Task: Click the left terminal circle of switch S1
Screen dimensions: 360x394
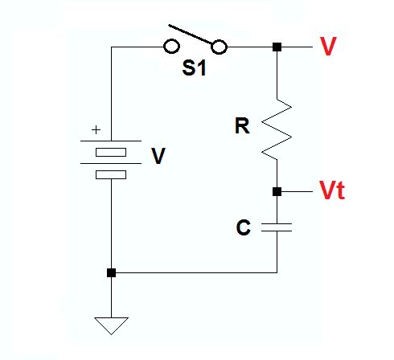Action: pos(170,47)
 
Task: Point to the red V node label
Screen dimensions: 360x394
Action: pos(327,47)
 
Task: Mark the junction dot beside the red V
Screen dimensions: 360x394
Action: pos(277,47)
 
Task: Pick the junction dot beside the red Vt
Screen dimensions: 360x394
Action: pos(277,192)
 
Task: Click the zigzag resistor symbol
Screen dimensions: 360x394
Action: pos(277,128)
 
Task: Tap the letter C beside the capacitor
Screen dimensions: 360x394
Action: pos(243,228)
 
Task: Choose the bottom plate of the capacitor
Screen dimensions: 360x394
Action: pos(277,232)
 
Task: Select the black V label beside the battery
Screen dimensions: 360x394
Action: pos(158,156)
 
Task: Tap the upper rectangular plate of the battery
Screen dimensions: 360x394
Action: pos(111,153)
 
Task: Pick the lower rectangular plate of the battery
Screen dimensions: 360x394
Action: pos(111,174)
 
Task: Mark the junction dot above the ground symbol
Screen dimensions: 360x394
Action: pos(111,272)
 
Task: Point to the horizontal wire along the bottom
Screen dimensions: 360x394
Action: pos(193,272)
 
